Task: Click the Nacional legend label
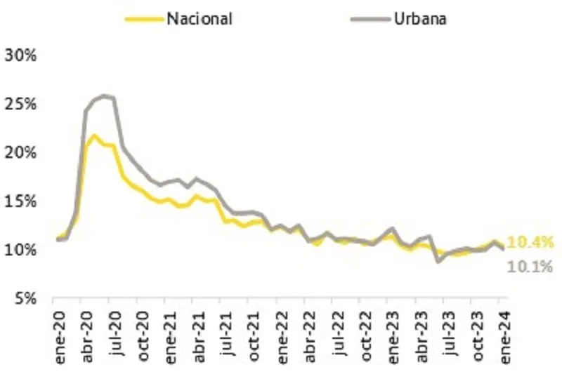200,18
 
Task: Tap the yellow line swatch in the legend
144,19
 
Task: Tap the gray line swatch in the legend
367,19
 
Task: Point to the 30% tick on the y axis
21,55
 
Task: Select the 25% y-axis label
21,104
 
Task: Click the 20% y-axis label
21,152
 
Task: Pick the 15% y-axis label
21,201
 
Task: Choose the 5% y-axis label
25,298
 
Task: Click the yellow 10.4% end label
530,243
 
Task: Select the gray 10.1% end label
530,266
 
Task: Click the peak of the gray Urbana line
104,95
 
